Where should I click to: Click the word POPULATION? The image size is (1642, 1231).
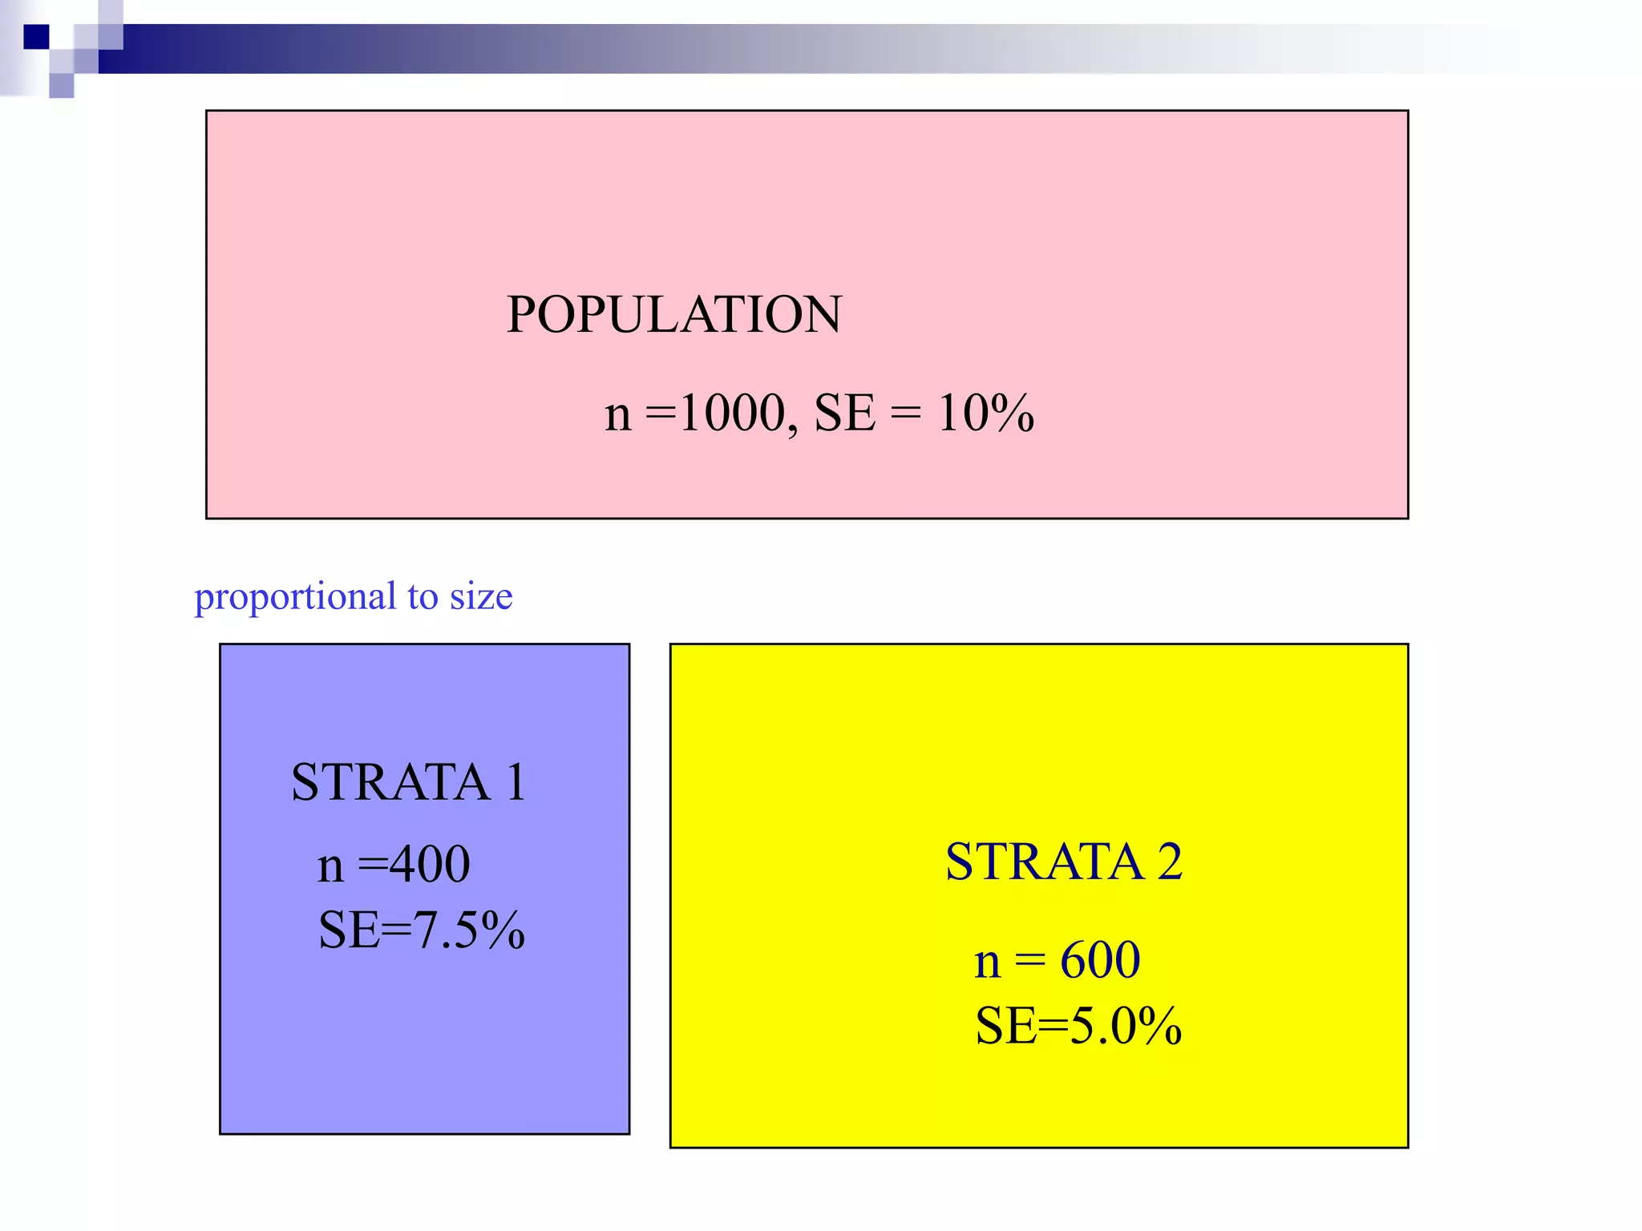674,314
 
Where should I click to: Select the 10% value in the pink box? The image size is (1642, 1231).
985,414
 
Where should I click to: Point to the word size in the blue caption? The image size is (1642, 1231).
480,596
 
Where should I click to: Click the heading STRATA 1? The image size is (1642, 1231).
408,782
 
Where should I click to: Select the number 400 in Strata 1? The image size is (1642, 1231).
430,864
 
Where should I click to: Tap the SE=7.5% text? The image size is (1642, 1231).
422,930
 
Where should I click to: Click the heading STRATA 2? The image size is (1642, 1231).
1063,862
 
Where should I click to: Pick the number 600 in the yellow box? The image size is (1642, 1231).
1099,959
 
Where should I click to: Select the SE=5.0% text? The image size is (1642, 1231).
1078,1025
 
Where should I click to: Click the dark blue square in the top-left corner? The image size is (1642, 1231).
36,37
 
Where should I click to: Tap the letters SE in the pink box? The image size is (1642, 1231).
844,414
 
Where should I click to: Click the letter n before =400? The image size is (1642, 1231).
330,867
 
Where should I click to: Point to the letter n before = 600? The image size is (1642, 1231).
988,963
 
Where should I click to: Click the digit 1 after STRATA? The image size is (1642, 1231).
516,782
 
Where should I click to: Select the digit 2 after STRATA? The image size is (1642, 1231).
1170,862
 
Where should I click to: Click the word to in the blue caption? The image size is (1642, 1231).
422,596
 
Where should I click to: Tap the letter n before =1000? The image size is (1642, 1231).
617,417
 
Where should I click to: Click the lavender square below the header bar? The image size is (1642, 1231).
61,85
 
